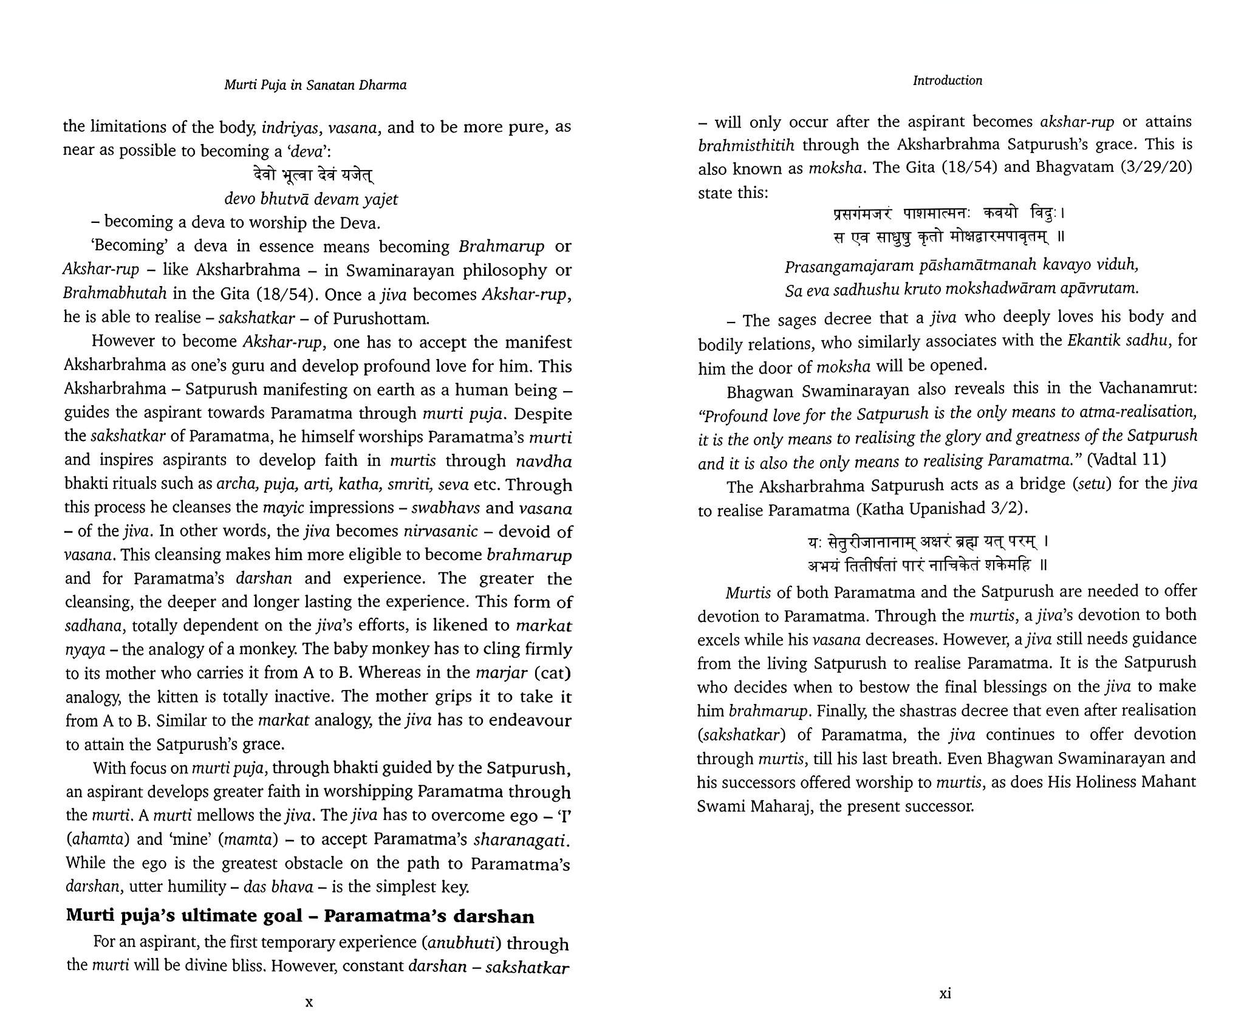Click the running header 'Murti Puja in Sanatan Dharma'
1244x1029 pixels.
click(x=315, y=85)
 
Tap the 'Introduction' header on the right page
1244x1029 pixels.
click(x=947, y=81)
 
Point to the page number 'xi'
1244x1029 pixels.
click(x=945, y=994)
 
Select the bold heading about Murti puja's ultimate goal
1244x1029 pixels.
click(x=300, y=916)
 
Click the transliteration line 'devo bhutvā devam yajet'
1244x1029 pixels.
click(x=311, y=199)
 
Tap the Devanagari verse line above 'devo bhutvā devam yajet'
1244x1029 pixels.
click(x=313, y=176)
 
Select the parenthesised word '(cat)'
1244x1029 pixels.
click(x=552, y=673)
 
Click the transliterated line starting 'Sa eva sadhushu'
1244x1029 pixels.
click(x=962, y=289)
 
